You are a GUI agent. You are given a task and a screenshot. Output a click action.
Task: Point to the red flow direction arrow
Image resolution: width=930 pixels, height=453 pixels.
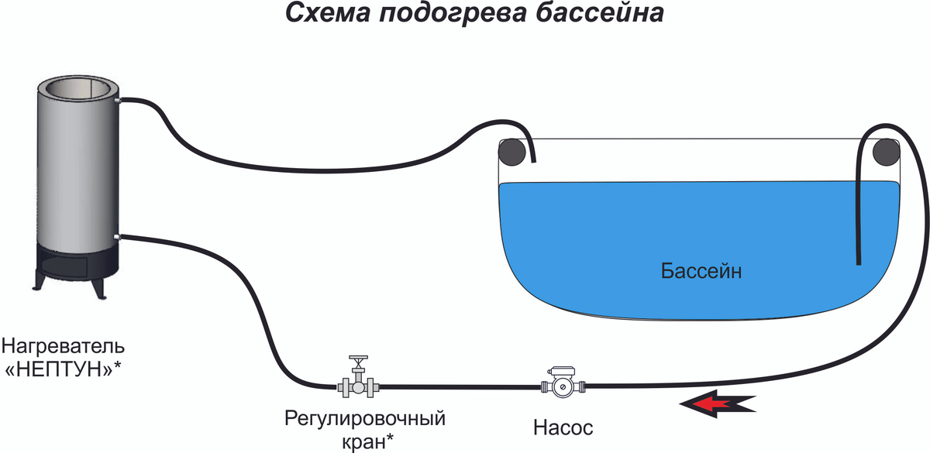pos(717,403)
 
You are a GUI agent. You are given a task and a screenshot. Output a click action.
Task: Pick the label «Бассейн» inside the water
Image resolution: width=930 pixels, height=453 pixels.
pos(701,272)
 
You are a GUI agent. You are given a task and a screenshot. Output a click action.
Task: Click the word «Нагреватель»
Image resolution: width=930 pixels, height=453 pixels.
pos(63,343)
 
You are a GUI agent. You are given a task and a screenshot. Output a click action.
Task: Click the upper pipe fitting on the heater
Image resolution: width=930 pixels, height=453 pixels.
pos(117,100)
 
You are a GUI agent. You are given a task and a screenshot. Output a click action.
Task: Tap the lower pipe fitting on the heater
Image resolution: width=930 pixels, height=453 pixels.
pos(117,235)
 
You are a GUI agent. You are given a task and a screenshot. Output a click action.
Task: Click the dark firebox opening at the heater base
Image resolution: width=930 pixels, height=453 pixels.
pos(76,266)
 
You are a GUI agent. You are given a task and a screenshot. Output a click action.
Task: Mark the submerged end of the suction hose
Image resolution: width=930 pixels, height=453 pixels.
pos(859,260)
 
